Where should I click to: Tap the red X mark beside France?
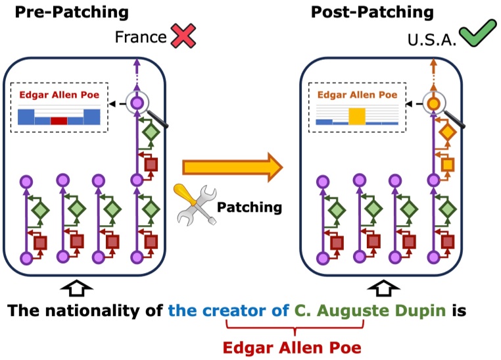[179, 36]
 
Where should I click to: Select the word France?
[141, 37]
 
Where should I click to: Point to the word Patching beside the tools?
[249, 207]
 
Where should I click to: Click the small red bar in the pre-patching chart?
[59, 121]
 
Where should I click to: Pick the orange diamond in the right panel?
[447, 132]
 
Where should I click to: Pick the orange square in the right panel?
[448, 163]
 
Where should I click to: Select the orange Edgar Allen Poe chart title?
[357, 94]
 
